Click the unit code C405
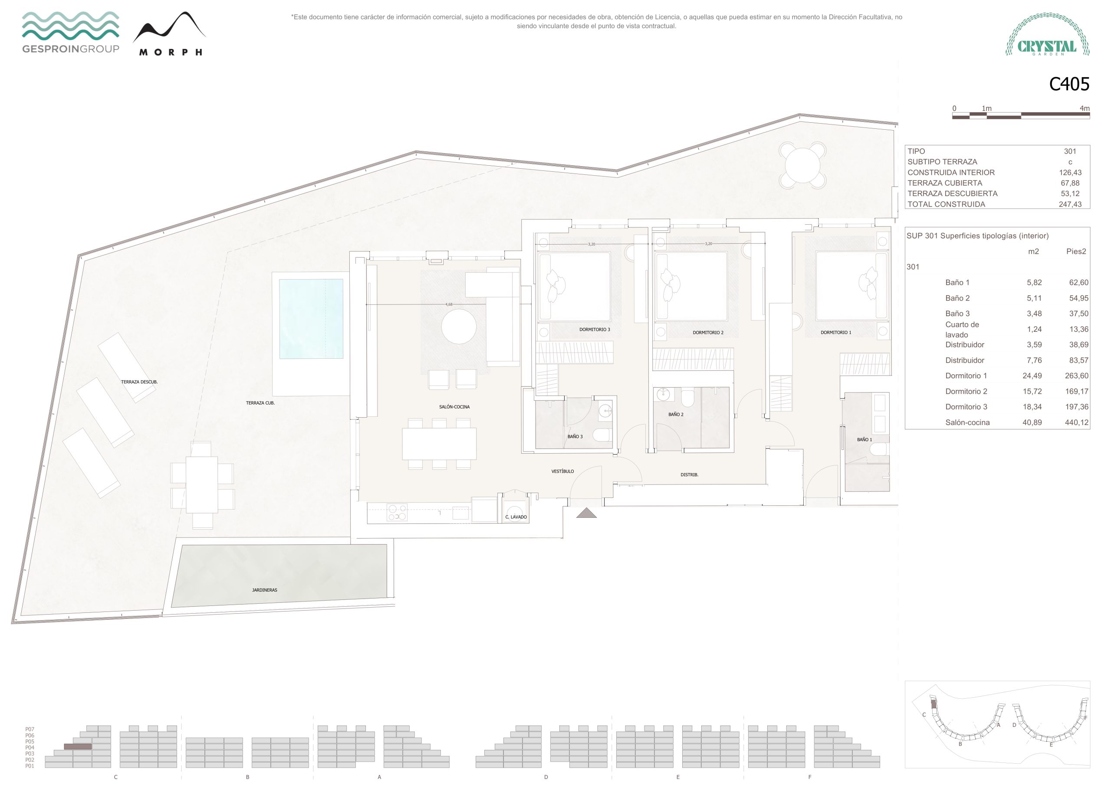pos(1068,84)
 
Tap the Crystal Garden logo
pos(1048,34)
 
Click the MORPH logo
pos(170,34)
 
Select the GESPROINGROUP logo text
pos(71,49)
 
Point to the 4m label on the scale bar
pos(1085,108)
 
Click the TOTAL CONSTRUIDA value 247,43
pos(1070,204)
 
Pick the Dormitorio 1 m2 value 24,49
pos(1032,376)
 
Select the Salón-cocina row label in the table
pos(967,422)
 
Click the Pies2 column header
pos(1076,252)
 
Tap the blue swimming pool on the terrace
pos(311,318)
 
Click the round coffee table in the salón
pos(458,327)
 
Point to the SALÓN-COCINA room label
pos(454,407)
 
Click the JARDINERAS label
pos(265,590)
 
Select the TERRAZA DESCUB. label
pos(139,382)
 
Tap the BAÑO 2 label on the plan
pos(676,415)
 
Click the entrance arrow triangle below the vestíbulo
pos(586,513)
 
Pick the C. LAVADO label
pos(516,517)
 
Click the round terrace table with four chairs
pos(802,165)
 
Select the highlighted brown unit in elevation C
pos(78,747)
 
